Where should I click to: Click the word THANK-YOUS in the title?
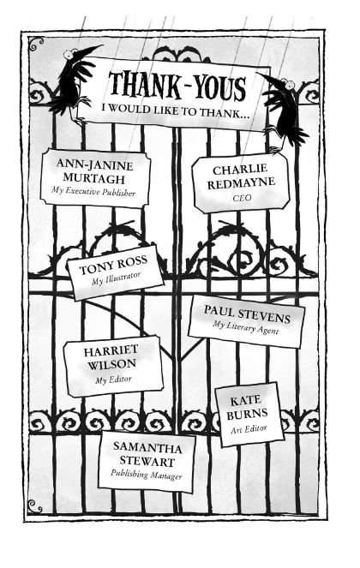177,87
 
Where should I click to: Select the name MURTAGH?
94,178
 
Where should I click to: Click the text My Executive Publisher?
93,191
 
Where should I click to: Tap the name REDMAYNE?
241,183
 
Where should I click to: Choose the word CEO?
243,198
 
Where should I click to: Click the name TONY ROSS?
113,265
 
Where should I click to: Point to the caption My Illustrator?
116,278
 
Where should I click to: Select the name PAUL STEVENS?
247,314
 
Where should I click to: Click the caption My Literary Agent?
246,328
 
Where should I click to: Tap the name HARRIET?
111,350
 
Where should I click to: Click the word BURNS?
247,414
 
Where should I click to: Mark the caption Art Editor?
249,429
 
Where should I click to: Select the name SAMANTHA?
147,447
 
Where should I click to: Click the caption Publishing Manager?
146,475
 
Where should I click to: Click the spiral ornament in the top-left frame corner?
35,43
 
